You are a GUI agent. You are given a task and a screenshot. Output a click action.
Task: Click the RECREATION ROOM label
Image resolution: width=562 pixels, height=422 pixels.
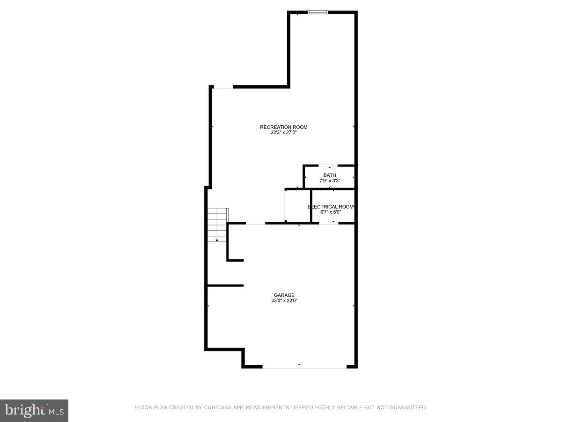tap(284, 127)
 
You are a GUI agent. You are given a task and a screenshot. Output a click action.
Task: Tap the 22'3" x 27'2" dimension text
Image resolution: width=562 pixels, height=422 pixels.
tap(284, 133)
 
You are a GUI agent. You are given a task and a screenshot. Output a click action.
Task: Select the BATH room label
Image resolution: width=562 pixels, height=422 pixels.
tap(330, 175)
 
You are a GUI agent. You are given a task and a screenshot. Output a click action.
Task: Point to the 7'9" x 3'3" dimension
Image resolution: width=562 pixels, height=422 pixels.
tap(330, 181)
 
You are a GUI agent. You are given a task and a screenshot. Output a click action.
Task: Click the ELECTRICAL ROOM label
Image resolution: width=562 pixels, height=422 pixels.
tap(331, 207)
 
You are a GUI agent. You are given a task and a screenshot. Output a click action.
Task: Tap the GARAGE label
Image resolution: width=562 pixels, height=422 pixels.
tap(284, 295)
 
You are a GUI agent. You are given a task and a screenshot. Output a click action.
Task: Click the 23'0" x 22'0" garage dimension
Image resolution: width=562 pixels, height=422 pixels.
tap(284, 301)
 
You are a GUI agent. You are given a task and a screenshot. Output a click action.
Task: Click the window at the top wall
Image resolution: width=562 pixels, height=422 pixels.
tap(318, 12)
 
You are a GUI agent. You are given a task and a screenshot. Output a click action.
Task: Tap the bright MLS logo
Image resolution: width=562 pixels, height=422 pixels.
tap(34, 411)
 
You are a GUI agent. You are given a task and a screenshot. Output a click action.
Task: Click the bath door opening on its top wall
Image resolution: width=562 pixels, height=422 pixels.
tap(328, 166)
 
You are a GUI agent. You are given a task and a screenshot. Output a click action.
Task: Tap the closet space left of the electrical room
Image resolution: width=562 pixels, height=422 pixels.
tap(298, 206)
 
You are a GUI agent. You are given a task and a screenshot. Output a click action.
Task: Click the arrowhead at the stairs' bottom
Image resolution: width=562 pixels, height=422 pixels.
tap(217, 240)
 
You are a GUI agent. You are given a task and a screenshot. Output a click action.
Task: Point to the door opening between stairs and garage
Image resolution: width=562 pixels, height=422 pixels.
tap(255, 223)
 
